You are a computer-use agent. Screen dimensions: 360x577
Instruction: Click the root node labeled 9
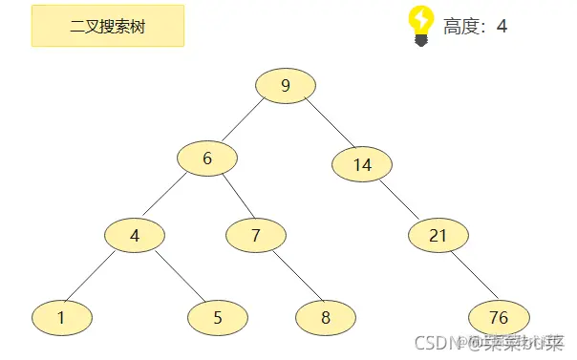tap(286, 87)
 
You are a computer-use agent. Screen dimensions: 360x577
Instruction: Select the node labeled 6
tap(207, 159)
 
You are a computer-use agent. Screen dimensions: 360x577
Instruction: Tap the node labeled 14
tap(362, 164)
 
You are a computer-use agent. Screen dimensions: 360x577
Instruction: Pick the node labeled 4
tap(135, 235)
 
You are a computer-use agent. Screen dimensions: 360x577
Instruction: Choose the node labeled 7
tap(256, 235)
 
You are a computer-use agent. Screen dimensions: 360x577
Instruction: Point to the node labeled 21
tap(438, 235)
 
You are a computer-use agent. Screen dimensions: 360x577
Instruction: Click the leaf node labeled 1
tap(61, 318)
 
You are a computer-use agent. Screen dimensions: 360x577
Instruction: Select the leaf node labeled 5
tap(218, 318)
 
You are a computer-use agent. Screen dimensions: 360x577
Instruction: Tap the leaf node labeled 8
tap(326, 318)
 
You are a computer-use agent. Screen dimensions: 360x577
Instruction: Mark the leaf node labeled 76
tap(499, 318)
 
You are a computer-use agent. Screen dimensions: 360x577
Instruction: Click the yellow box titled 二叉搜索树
tap(108, 25)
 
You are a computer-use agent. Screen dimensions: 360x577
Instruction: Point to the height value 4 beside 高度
tap(502, 26)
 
